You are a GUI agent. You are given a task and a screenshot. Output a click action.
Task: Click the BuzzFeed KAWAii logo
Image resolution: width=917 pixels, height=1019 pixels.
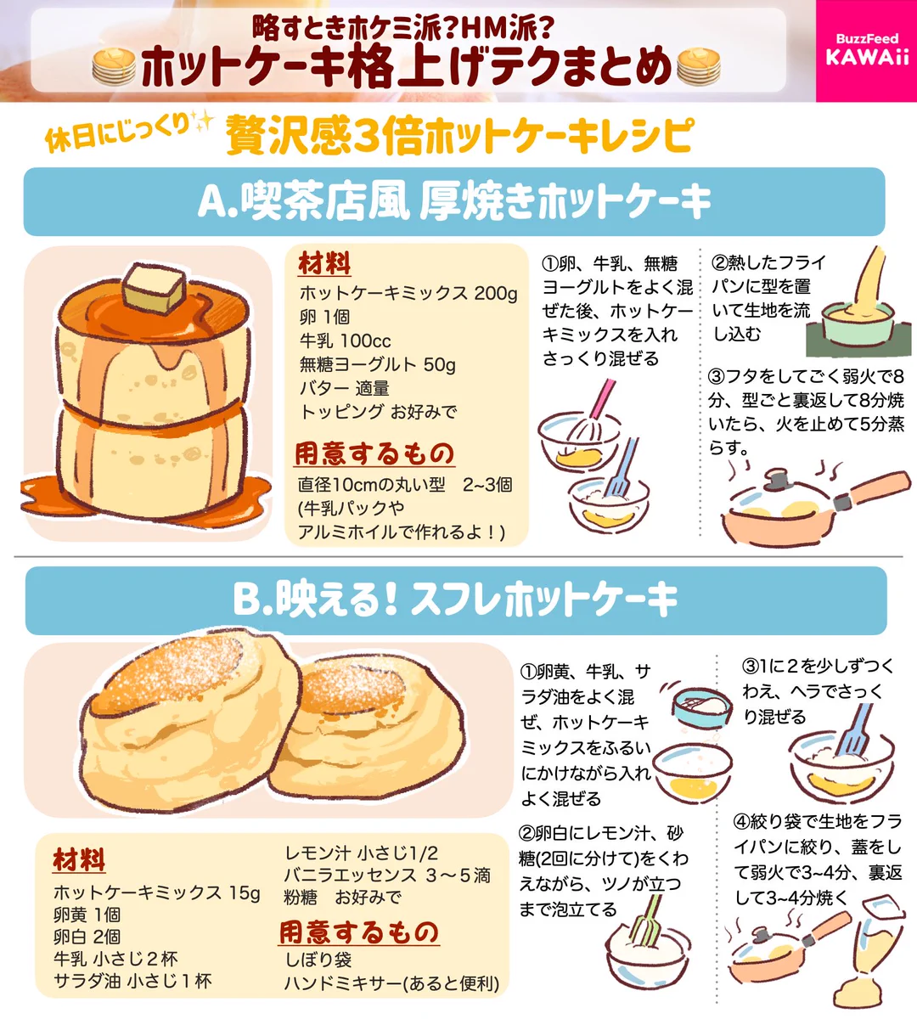click(x=866, y=50)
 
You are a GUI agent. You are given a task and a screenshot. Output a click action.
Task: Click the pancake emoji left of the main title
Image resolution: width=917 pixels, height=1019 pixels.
click(x=114, y=67)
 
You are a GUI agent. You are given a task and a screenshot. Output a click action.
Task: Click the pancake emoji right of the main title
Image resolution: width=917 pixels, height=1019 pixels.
click(x=699, y=67)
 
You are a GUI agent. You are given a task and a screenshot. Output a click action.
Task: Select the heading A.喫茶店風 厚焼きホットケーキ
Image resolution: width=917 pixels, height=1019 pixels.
click(x=454, y=202)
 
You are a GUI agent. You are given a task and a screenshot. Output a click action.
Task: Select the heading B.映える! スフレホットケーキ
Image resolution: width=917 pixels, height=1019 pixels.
click(x=455, y=600)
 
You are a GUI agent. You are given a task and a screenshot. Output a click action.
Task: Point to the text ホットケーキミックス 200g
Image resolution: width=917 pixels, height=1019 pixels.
click(x=408, y=293)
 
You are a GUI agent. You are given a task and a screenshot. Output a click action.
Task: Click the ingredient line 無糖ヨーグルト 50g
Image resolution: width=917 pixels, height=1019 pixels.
click(x=377, y=364)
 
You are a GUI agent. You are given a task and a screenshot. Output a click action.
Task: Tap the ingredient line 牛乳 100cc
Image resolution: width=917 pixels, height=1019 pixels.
click(x=345, y=341)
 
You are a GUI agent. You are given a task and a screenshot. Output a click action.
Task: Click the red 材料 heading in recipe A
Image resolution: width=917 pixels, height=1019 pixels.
click(x=323, y=264)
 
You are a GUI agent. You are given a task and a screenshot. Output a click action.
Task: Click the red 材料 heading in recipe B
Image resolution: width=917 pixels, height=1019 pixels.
click(x=79, y=859)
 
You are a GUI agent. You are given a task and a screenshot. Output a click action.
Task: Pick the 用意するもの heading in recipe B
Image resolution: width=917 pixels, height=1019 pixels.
click(x=358, y=932)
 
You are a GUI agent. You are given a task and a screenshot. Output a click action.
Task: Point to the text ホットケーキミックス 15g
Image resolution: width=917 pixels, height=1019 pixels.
click(x=156, y=892)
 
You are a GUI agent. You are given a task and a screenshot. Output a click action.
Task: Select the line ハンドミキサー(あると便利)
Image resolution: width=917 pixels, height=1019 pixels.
click(x=391, y=983)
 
